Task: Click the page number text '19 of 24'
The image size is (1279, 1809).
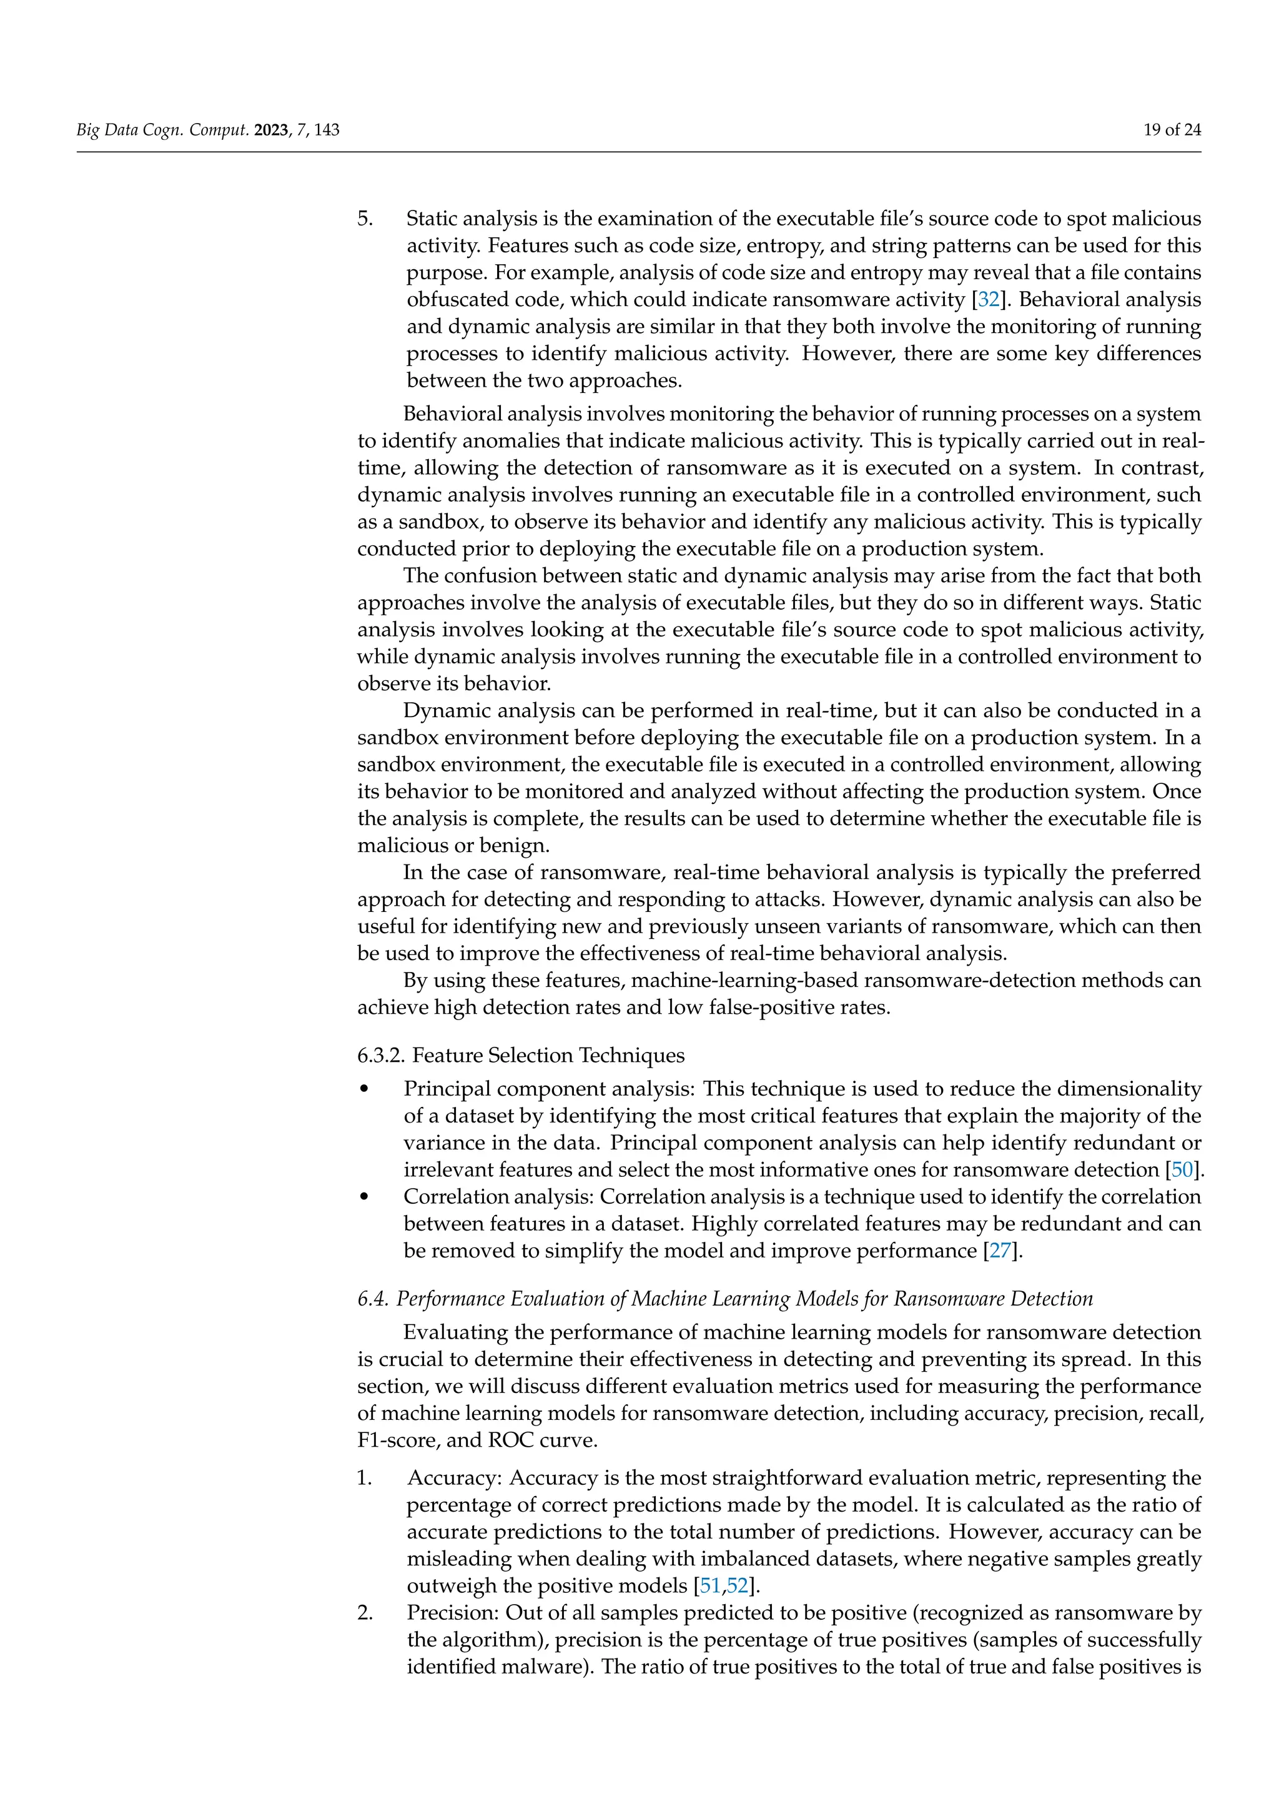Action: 1172,130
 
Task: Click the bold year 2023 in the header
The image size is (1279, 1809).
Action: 272,130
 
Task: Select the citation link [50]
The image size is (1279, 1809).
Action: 1182,1170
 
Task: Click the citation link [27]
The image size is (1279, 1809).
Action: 999,1251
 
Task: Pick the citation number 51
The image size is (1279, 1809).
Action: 709,1585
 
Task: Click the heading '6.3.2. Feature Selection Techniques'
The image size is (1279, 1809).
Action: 521,1055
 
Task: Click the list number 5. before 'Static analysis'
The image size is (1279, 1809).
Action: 365,218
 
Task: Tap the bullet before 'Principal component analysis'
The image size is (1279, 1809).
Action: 364,1089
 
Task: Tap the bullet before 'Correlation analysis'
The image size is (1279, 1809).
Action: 364,1197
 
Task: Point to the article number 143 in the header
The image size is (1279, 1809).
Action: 327,130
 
